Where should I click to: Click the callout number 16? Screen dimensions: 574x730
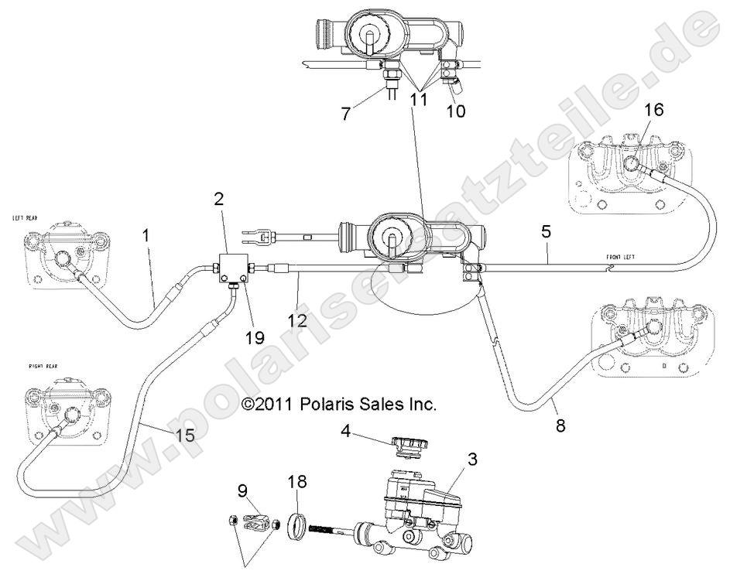653,110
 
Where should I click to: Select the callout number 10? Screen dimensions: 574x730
456,111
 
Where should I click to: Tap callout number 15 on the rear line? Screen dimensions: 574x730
184,435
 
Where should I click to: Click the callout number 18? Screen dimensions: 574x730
297,481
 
